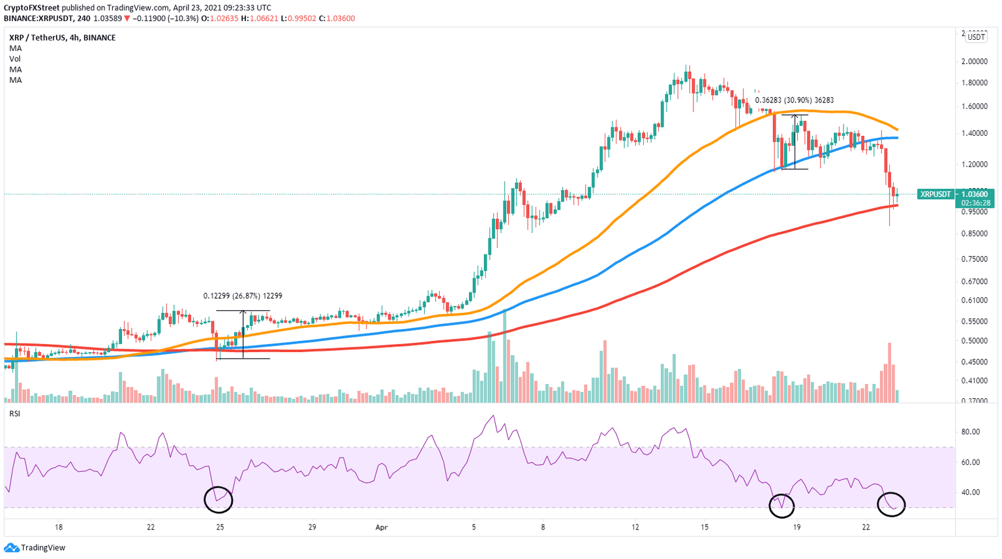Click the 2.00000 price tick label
coord(975,61)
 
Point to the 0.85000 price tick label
coord(975,233)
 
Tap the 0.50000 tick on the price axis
coord(975,341)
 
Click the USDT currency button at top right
coord(976,37)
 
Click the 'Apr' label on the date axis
coord(382,527)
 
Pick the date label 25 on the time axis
coord(220,527)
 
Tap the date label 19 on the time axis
coord(797,527)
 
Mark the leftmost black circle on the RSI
coord(219,500)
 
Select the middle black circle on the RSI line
coord(781,503)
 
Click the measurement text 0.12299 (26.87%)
coord(243,296)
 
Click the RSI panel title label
coord(14,413)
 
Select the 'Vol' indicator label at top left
coord(15,59)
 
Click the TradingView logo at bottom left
coord(35,548)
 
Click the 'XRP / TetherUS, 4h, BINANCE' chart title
coord(63,38)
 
